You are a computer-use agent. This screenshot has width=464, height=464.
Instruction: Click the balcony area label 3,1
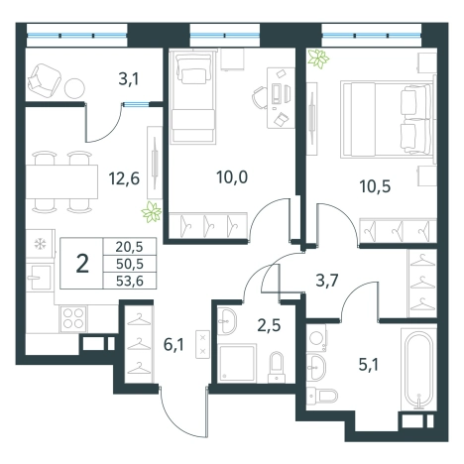pos(128,79)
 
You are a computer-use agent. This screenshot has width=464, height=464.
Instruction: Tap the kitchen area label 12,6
pos(124,178)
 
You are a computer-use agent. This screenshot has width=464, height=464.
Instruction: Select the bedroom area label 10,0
pos(232,177)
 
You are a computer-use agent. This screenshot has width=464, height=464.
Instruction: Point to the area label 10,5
pos(375,186)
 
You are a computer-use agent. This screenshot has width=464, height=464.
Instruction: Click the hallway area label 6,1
pos(174,345)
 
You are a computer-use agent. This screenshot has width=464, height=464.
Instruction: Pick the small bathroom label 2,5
pos(269,325)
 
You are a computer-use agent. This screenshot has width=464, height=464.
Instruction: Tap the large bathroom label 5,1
pos(369,365)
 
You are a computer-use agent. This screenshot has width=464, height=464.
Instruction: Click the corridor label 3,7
pos(327,282)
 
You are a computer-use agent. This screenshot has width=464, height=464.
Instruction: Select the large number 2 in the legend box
pos(82,264)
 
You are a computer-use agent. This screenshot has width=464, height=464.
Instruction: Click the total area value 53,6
pos(130,282)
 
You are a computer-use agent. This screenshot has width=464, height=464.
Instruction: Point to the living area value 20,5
pos(130,247)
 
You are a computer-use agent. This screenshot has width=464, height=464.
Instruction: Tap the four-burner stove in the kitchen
pos(73,318)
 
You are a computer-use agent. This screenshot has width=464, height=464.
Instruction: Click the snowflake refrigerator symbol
pos(41,244)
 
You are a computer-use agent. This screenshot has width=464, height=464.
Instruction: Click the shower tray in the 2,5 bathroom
pos(237,363)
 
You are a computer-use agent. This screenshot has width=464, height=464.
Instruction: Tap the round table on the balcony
pos(74,88)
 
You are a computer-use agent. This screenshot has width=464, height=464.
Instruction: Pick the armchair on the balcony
pos(45,80)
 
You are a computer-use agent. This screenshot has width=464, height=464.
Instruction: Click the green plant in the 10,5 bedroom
pos(318,58)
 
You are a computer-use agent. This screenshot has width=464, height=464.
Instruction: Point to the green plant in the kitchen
pos(152,211)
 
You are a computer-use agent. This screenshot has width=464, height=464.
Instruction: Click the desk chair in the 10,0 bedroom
pos(260,97)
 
